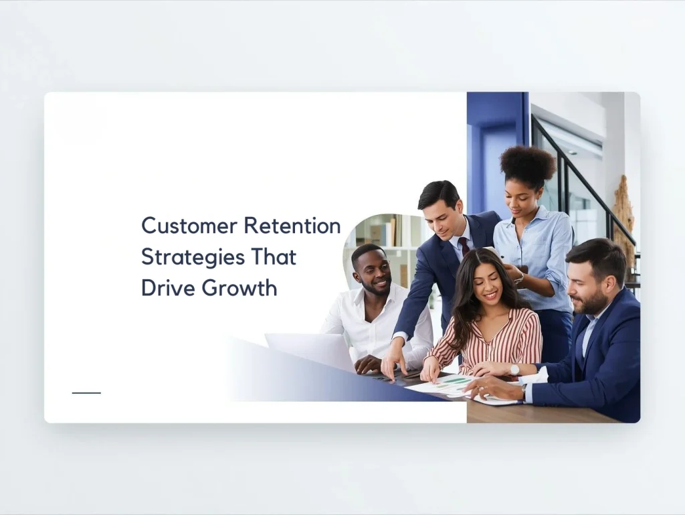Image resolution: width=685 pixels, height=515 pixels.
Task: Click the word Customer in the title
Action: pos(189,225)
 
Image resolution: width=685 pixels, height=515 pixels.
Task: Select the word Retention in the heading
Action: pos(292,225)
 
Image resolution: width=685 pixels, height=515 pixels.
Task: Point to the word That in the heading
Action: pos(273,256)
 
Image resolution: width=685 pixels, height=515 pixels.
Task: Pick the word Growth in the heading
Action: pos(235,288)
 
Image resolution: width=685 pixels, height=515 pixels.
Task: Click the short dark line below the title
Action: pos(86,392)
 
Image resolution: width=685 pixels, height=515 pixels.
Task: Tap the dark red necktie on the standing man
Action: pos(464,246)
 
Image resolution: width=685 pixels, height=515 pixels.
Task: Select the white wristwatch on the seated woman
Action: pos(514,370)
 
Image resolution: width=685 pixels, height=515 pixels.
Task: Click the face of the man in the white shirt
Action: pos(372,272)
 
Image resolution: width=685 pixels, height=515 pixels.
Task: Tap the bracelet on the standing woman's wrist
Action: pos(519,277)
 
